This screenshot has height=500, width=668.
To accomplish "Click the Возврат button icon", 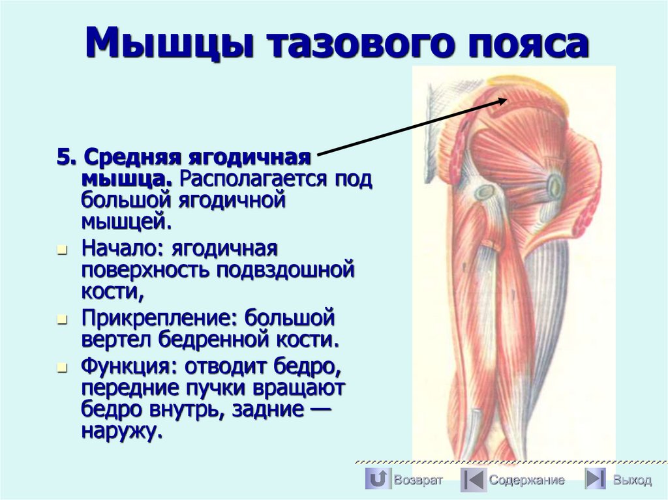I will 377,479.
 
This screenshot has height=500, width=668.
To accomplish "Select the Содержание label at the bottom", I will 527,480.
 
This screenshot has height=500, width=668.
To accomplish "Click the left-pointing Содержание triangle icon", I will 473,479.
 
